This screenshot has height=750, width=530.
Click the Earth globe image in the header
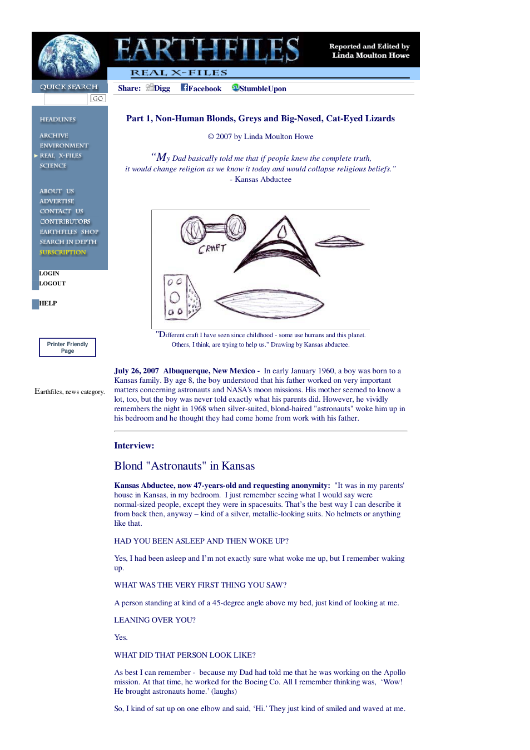69,56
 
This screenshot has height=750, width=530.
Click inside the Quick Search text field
66,99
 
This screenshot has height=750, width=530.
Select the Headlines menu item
58,120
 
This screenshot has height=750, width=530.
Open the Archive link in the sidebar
54,136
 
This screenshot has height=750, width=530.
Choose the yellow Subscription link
63,252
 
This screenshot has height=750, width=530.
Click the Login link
49,273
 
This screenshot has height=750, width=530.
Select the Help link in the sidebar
48,303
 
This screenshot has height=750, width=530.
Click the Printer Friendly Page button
68,347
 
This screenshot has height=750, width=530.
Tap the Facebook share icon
184,87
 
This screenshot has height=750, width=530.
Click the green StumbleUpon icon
236,87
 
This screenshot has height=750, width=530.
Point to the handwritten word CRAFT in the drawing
212,249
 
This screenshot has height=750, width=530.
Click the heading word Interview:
134,445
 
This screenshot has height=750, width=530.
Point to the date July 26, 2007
136,371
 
